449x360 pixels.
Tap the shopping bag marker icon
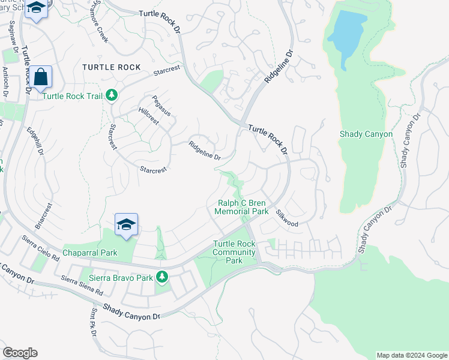coord(41,77)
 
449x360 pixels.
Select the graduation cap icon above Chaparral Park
coord(126,224)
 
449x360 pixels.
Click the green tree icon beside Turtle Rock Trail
coord(111,95)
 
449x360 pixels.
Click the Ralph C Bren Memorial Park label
coord(242,208)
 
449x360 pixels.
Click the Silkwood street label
coord(287,218)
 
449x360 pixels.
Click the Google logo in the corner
coord(20,353)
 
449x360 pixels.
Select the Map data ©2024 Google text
coord(411,355)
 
